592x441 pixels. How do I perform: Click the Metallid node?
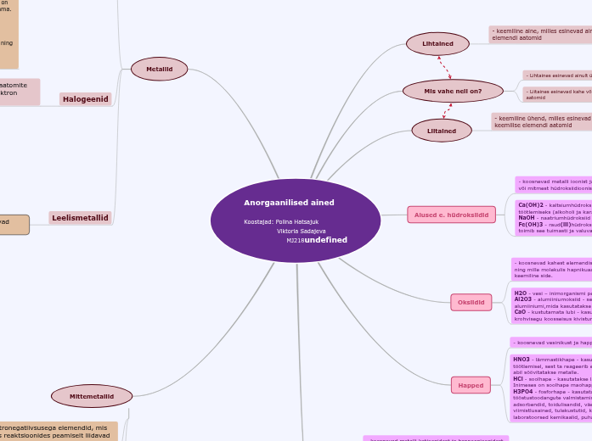point(159,69)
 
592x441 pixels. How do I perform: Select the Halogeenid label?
point(86,99)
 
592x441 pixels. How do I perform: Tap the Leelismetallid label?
point(81,218)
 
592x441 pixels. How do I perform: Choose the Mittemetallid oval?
point(92,395)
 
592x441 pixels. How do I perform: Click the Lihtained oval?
point(437,43)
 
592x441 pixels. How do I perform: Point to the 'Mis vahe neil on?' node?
point(452,91)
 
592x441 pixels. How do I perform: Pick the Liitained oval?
point(442,131)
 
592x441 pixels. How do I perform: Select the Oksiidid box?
point(471,302)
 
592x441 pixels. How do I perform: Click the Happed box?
point(471,385)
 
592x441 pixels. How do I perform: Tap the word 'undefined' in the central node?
point(326,240)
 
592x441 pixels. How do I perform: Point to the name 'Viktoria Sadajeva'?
point(301,231)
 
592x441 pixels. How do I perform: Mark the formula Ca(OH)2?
point(531,204)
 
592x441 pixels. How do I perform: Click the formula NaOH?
point(527,217)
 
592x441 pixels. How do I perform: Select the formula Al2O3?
point(523,299)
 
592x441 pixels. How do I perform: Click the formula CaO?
point(521,312)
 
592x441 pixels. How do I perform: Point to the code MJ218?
point(295,240)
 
